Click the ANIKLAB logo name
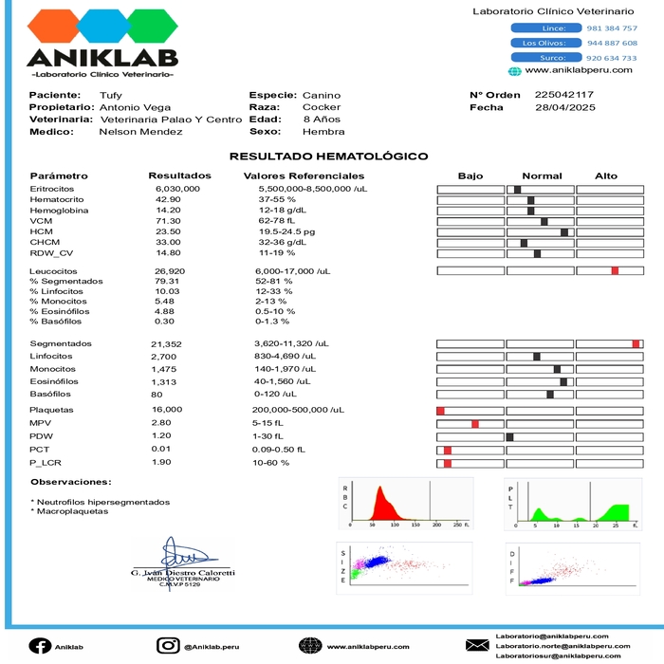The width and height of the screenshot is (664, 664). point(102,58)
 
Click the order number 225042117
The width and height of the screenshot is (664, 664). point(564,95)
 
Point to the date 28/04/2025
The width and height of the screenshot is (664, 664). point(564,108)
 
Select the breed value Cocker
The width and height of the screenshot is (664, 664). point(322,108)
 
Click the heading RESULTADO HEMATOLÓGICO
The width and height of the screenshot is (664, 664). point(328,157)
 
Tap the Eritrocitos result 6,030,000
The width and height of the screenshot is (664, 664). point(177,190)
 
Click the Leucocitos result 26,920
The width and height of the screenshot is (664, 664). point(170,271)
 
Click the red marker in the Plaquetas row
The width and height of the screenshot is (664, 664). point(440,410)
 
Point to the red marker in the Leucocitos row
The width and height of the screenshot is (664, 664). point(615,271)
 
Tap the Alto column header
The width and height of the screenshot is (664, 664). point(605,176)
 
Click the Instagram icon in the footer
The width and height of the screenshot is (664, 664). point(168,646)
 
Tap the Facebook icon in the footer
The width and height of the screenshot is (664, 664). point(40,646)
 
